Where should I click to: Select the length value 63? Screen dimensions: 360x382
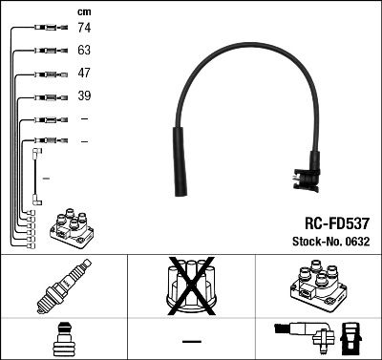[x=84, y=53]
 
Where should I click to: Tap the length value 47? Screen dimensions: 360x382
[x=84, y=74]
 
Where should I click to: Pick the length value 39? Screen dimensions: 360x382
[x=84, y=96]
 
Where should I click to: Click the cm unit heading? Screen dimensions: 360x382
[x=84, y=11]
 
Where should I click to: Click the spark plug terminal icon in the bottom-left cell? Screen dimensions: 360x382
[x=63, y=340]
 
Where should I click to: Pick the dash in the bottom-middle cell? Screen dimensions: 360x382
[x=191, y=341]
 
